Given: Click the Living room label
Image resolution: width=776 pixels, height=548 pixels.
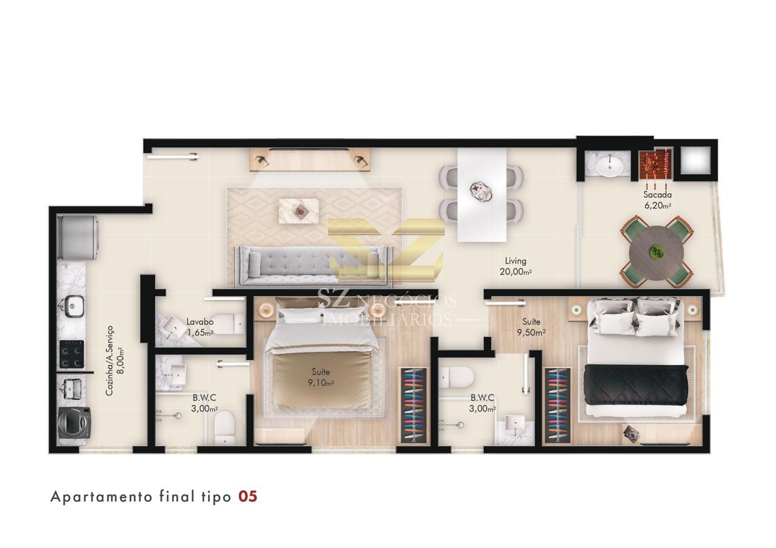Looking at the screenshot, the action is [x=515, y=261].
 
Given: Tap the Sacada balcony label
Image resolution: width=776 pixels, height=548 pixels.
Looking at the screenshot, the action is [x=658, y=195].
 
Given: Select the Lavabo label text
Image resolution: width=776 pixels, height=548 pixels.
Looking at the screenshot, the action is [x=200, y=322].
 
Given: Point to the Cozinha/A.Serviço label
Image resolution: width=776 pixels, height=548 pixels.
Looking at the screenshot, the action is [x=110, y=361].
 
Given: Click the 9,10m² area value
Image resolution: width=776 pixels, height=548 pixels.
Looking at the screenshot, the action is [x=321, y=383].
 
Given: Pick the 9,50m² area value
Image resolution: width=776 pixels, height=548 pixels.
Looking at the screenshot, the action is [x=532, y=333].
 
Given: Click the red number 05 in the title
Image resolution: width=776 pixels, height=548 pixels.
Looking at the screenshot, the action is [x=248, y=496].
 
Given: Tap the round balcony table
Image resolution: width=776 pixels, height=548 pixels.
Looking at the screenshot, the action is [x=657, y=253].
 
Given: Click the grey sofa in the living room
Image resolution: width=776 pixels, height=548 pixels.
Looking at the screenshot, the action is [x=313, y=266].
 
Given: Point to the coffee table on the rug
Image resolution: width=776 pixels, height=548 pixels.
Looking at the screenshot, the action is [x=299, y=210].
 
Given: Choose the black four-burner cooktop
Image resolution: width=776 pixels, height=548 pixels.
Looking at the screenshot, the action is [x=72, y=353].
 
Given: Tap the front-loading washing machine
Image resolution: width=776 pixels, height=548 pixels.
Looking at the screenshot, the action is [x=75, y=423].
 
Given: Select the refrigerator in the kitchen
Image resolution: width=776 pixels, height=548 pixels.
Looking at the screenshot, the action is [x=78, y=238].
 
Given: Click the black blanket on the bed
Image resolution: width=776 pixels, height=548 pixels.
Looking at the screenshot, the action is [x=636, y=384].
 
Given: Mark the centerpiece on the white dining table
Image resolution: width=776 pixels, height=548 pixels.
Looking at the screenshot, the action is [x=481, y=192].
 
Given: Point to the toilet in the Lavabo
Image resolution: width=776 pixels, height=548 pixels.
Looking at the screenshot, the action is [x=227, y=324].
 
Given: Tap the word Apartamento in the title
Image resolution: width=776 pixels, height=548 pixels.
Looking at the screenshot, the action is [x=101, y=497].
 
